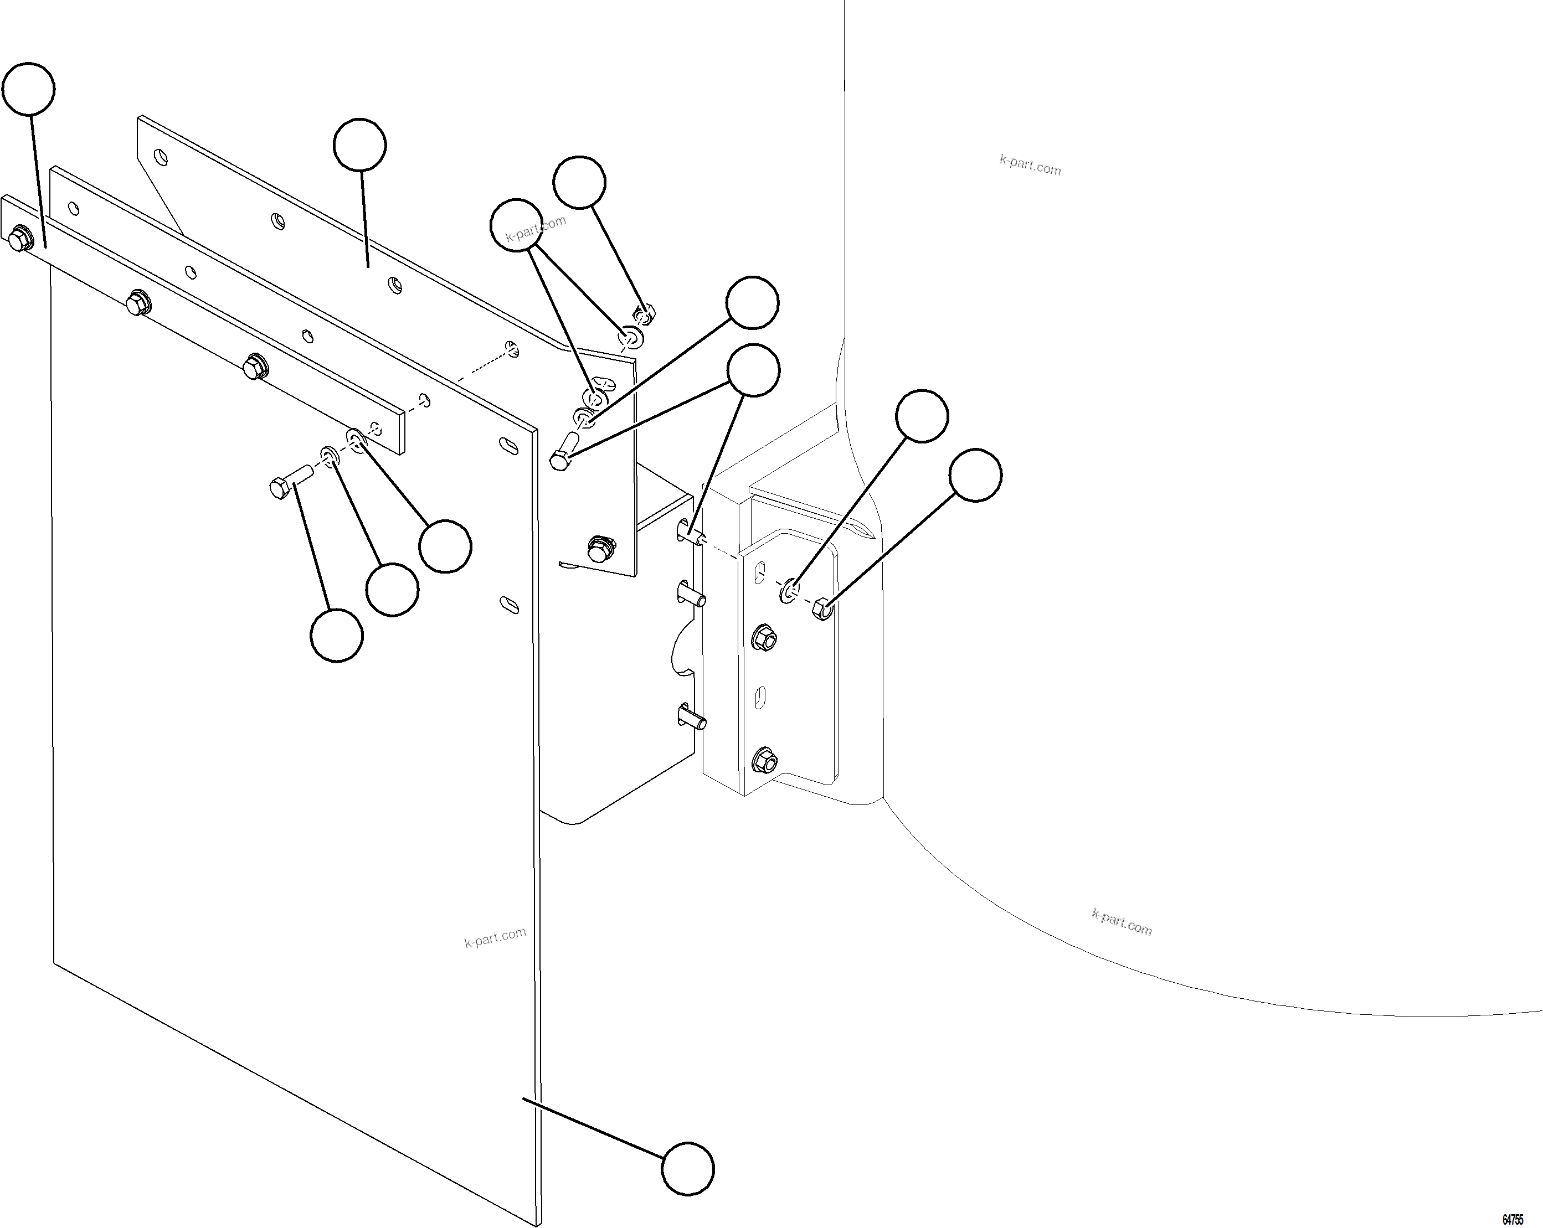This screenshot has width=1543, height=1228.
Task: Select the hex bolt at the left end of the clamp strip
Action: (x=19, y=240)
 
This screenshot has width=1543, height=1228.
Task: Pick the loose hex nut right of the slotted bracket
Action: (x=823, y=609)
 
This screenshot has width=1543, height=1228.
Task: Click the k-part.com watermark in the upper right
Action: (x=1030, y=166)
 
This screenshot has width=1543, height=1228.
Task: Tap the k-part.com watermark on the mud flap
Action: (x=495, y=937)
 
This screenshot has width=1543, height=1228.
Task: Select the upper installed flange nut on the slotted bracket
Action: (x=764, y=637)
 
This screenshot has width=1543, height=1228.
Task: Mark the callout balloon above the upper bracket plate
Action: (x=360, y=145)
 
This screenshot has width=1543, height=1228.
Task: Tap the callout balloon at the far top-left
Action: (x=29, y=89)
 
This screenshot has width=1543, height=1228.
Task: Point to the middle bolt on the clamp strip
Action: (x=137, y=303)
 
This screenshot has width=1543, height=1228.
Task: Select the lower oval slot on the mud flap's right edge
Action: (x=510, y=604)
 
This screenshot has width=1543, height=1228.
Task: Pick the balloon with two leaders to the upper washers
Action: (x=516, y=225)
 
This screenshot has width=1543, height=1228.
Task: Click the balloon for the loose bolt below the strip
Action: (x=336, y=636)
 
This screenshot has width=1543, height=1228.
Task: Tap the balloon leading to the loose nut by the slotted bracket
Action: (x=975, y=475)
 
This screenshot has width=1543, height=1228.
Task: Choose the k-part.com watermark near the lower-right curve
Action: (x=1122, y=922)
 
